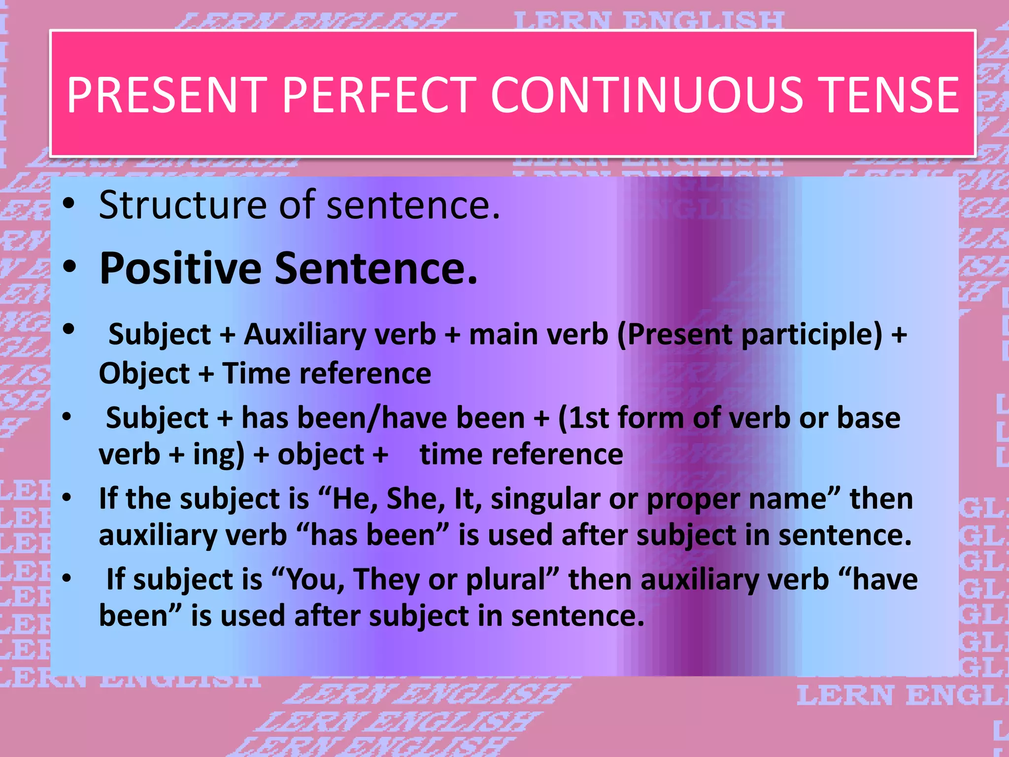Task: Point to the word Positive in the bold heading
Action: (180, 269)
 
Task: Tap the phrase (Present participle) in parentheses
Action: (749, 335)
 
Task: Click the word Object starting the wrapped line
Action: (144, 374)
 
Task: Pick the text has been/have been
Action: (383, 418)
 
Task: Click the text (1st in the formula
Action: (584, 418)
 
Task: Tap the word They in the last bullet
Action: (386, 580)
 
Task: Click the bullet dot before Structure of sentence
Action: (69, 204)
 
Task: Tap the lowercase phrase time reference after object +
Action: (521, 454)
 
